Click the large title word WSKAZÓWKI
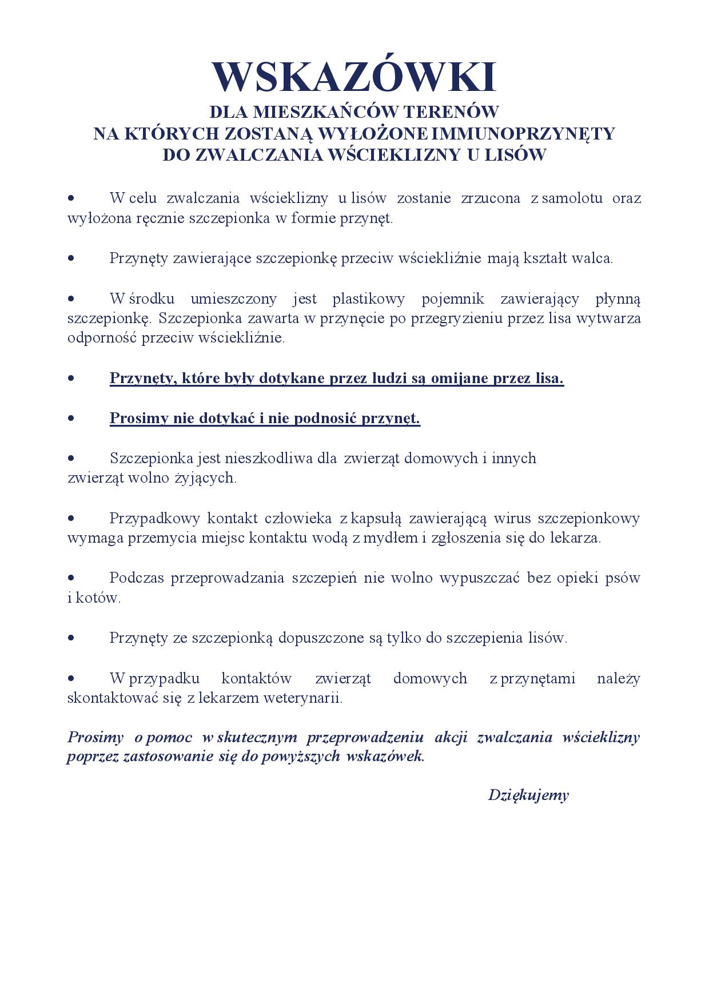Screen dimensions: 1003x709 coord(354,77)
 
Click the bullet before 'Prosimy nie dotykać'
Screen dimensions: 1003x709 coord(71,419)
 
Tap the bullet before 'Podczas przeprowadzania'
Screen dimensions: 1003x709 coord(71,578)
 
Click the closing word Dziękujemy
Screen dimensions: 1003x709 coord(528,795)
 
